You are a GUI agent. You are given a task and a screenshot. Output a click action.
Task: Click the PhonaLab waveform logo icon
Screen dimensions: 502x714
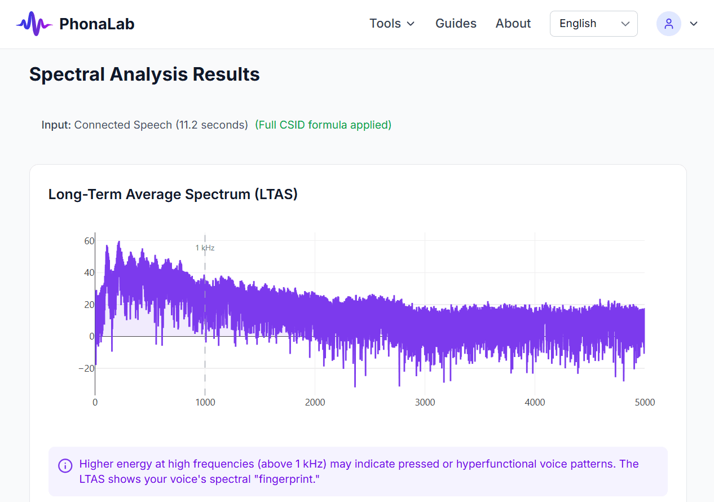34,24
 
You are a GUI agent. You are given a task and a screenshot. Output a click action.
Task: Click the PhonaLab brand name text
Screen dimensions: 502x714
96,24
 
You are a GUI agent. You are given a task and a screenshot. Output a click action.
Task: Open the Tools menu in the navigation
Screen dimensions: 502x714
392,24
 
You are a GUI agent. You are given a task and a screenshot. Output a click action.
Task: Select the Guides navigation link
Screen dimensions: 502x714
456,24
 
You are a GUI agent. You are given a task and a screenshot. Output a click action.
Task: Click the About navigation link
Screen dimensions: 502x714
513,24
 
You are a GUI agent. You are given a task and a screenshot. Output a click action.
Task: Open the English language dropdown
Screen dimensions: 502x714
593,24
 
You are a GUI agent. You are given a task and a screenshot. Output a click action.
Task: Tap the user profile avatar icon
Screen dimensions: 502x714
669,24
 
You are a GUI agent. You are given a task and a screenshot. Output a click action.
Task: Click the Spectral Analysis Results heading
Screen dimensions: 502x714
144,74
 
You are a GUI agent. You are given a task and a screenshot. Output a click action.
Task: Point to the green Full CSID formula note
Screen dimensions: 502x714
323,125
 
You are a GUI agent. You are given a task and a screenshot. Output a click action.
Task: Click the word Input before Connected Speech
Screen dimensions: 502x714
56,125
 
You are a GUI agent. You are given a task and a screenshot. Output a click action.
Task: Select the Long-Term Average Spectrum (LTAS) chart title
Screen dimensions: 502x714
173,194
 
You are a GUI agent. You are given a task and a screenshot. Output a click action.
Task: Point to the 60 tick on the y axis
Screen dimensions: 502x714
89,241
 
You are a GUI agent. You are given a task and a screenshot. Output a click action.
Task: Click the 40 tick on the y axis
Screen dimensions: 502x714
89,272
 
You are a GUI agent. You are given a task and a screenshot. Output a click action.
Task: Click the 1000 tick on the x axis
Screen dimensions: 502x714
205,402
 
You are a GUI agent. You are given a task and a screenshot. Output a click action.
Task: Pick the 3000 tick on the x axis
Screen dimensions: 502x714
425,402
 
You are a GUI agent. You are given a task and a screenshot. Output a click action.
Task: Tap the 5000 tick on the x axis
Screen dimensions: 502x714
645,402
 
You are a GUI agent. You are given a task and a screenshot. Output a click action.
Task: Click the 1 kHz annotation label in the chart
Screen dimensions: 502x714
205,248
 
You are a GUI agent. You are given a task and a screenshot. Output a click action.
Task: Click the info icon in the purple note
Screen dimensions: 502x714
65,465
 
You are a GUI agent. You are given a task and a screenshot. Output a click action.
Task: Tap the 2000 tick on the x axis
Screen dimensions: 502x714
315,402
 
